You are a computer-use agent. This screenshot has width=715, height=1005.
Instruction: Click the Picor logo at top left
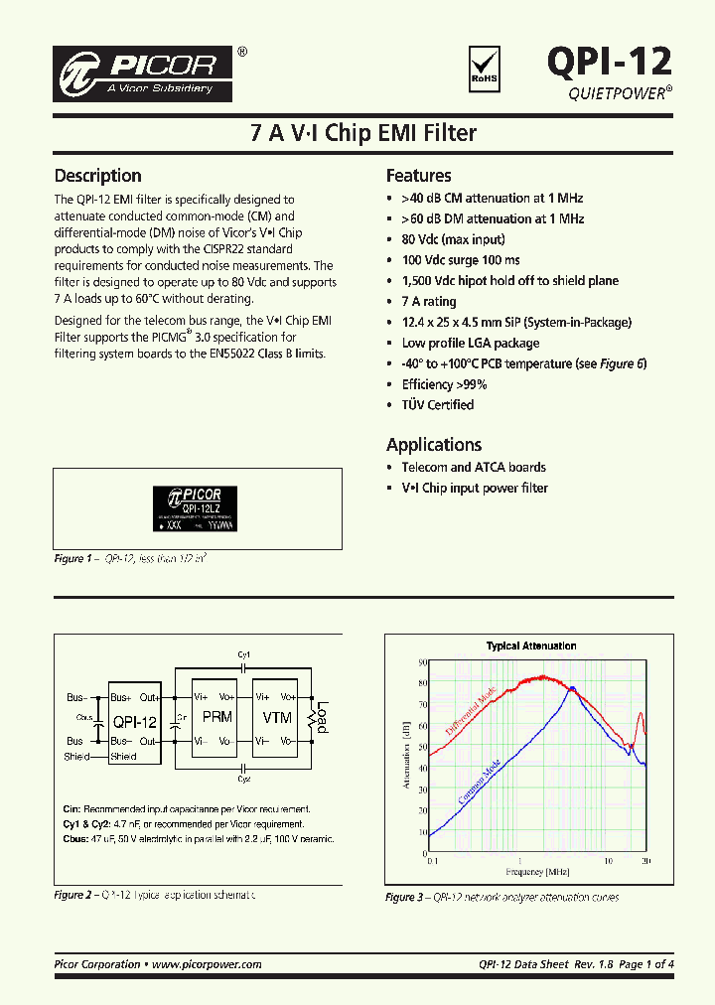point(145,72)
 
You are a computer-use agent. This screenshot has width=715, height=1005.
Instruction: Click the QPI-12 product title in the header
point(609,62)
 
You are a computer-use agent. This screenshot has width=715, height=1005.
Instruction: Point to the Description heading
point(97,176)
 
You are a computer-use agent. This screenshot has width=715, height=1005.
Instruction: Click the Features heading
point(418,176)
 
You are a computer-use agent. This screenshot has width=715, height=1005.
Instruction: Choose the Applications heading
point(434,445)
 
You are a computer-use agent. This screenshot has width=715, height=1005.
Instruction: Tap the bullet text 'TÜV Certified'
point(437,405)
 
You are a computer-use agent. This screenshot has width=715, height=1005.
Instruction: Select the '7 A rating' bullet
point(429,301)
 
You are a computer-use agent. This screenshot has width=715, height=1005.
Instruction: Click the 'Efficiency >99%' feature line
point(444,384)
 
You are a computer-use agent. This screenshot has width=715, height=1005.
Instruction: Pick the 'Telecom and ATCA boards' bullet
point(473,467)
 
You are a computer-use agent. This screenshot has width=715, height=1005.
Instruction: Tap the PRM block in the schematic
point(217,717)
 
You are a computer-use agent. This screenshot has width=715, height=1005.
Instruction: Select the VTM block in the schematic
point(276,717)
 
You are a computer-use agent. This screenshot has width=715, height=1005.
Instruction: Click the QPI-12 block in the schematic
point(134,722)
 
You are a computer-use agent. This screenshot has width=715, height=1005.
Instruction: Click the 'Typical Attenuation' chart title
point(530,646)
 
